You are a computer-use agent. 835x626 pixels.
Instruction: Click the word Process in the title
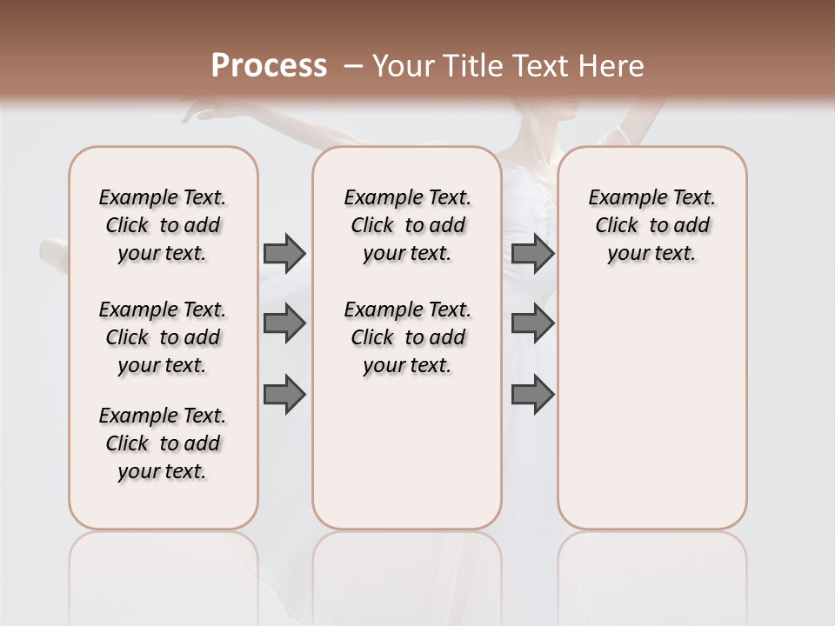[x=269, y=66]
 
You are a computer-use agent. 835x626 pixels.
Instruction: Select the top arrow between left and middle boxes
[x=284, y=253]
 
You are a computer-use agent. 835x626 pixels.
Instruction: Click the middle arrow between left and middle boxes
[x=284, y=323]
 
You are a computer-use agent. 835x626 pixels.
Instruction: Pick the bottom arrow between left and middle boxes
[x=284, y=395]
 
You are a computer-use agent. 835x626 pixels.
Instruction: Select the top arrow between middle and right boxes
[x=532, y=253]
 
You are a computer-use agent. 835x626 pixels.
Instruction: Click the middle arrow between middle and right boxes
[x=532, y=323]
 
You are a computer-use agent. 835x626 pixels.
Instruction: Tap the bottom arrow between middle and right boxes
[x=532, y=395]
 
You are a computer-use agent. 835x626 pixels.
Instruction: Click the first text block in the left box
[x=163, y=225]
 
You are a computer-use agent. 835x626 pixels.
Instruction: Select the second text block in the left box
[x=163, y=337]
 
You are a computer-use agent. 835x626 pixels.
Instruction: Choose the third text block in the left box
[x=163, y=443]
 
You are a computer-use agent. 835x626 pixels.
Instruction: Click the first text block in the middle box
[x=407, y=225]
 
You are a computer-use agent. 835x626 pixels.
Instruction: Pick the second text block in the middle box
[x=407, y=337]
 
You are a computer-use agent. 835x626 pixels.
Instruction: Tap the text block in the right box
[x=651, y=225]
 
